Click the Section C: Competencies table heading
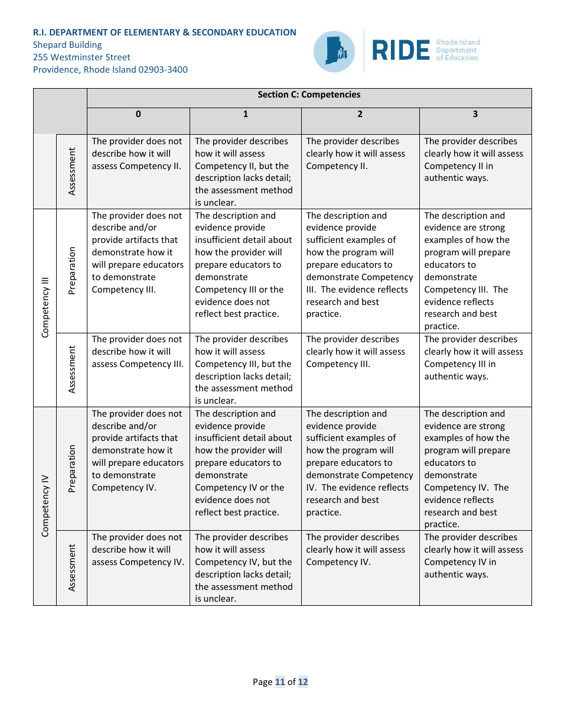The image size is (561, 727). click(x=309, y=95)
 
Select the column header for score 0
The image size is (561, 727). click(x=138, y=114)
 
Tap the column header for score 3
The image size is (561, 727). click(x=475, y=114)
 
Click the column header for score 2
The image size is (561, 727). click(x=360, y=114)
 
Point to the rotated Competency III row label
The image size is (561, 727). click(x=45, y=307)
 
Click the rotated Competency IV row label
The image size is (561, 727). click(x=45, y=505)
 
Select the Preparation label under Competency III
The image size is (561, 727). click(x=72, y=271)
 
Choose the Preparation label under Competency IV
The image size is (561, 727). click(x=72, y=469)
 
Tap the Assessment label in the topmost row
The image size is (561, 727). click(x=72, y=171)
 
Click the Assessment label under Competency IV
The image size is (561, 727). click(x=72, y=567)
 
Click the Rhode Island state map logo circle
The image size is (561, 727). click(x=334, y=51)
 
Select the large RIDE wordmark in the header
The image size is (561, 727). click(x=401, y=51)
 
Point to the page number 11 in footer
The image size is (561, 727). click(x=280, y=682)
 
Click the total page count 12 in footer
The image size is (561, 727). click(x=303, y=682)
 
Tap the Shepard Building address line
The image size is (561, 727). click(x=67, y=45)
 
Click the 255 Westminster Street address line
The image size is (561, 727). click(x=81, y=57)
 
